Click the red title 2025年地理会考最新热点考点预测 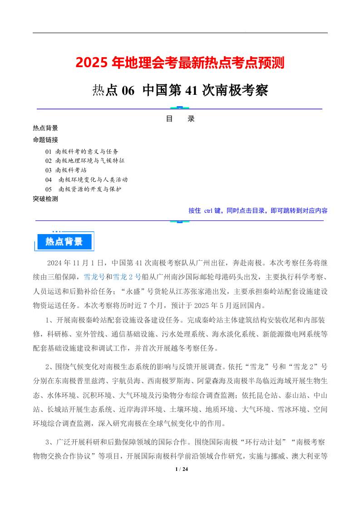pyautogui.click(x=180, y=63)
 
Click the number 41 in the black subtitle pyautogui.click(x=191, y=91)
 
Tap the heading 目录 pyautogui.click(x=180, y=119)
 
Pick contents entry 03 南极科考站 pyautogui.click(x=66, y=170)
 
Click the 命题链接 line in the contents pyautogui.click(x=45, y=139)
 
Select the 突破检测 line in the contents pyautogui.click(x=45, y=199)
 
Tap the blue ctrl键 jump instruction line pyautogui.click(x=258, y=210)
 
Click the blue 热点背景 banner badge pyautogui.click(x=64, y=242)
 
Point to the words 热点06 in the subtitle pyautogui.click(x=113, y=91)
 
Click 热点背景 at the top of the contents pyautogui.click(x=45, y=128)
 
